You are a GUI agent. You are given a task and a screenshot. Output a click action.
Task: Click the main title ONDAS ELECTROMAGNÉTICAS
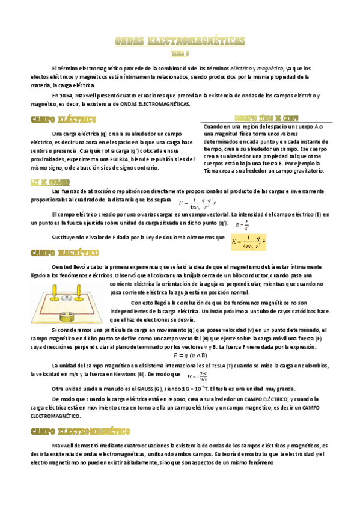(x=180, y=41)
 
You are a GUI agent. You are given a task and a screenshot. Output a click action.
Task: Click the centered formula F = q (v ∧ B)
(x=180, y=355)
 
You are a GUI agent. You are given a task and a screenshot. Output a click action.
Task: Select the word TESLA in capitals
(x=210, y=365)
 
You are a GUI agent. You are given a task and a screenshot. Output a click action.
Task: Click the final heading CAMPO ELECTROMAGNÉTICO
(x=81, y=431)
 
